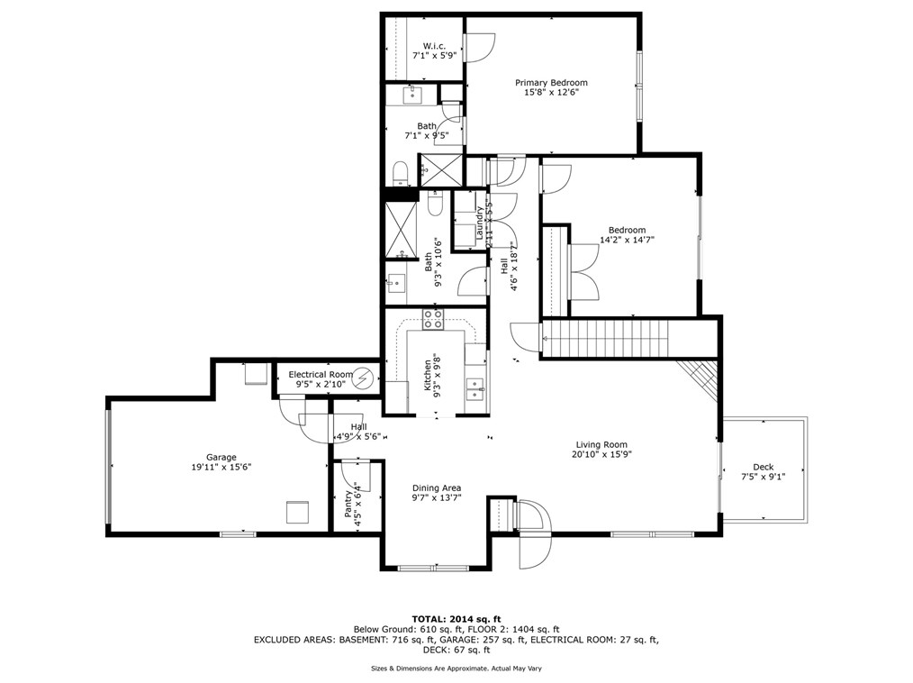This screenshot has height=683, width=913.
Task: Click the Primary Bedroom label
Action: coord(551,82)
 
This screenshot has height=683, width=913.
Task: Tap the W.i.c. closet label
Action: coord(434,46)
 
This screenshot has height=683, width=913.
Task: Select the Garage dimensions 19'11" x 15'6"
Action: coord(221,468)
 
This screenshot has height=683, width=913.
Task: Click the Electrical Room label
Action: coord(321,374)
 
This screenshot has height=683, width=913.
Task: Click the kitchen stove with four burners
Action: coord(434,318)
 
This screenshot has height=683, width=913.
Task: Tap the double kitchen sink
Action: coord(475,389)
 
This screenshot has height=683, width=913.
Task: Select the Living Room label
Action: coord(601,444)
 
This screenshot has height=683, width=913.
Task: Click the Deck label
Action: coord(763,467)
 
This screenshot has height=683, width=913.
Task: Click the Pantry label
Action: coord(348,503)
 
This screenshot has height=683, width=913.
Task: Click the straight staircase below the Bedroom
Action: coord(608,338)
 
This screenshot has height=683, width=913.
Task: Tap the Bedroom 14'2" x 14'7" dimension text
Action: coord(627,240)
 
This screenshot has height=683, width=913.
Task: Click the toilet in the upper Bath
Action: coord(402,171)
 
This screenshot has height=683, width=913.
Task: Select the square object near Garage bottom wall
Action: coord(297,512)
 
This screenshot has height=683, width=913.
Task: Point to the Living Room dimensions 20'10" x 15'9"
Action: coord(601,455)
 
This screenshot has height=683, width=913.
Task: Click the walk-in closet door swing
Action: coord(478,45)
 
